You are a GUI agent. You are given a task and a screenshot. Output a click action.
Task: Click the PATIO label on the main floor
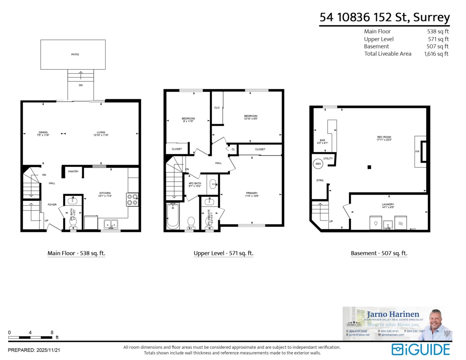point(75,54)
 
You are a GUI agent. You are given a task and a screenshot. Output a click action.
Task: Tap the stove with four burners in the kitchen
point(132,199)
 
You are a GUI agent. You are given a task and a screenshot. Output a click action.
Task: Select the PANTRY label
point(73,171)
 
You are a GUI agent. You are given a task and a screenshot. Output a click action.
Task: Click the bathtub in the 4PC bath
point(172,216)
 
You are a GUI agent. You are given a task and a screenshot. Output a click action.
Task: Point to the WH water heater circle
point(318,164)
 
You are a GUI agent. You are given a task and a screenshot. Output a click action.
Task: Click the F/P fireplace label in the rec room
point(417,151)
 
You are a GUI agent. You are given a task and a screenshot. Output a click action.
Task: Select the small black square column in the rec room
point(369,167)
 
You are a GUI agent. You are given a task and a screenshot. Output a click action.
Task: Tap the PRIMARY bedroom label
point(251,193)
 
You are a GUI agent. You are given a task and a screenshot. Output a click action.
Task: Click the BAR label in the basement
point(322,140)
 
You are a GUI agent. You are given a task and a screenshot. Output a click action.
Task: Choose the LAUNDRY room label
point(388,205)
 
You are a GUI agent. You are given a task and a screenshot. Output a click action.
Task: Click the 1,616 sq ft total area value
point(436,54)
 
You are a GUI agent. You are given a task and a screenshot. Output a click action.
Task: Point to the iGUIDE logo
point(421,349)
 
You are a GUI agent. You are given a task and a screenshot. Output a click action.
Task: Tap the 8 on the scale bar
point(52,332)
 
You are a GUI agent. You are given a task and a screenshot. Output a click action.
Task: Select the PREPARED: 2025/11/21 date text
point(34,350)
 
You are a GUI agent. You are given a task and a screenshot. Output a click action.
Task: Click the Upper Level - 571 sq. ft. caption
point(223,253)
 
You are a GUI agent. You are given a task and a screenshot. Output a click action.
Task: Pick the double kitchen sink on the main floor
point(111,224)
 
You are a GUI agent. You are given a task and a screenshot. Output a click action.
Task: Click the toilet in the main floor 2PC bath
point(73,222)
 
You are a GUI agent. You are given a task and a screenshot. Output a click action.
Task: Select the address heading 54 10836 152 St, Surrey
point(384,17)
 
